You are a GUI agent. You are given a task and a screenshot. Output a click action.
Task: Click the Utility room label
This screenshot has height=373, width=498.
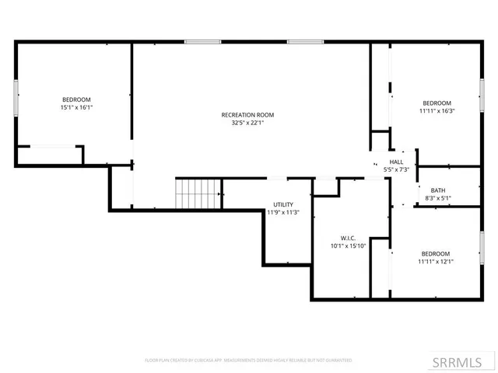282,204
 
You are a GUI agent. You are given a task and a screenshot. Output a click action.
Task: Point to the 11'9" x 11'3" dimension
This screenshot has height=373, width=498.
282,212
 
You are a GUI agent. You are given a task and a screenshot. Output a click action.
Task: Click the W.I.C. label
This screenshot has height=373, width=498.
347,239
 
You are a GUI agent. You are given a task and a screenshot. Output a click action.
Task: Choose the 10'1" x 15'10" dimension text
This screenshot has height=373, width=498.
347,246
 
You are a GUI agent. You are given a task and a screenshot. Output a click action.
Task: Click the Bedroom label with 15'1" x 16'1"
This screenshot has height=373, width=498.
76,99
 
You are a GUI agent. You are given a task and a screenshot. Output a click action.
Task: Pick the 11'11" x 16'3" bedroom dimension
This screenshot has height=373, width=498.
437,111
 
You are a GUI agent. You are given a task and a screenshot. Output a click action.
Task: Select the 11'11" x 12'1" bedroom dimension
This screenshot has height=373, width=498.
435,262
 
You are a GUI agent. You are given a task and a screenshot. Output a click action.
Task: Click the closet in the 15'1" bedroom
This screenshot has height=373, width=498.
50,155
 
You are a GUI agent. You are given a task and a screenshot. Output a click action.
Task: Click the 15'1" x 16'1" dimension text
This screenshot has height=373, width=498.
76,107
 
